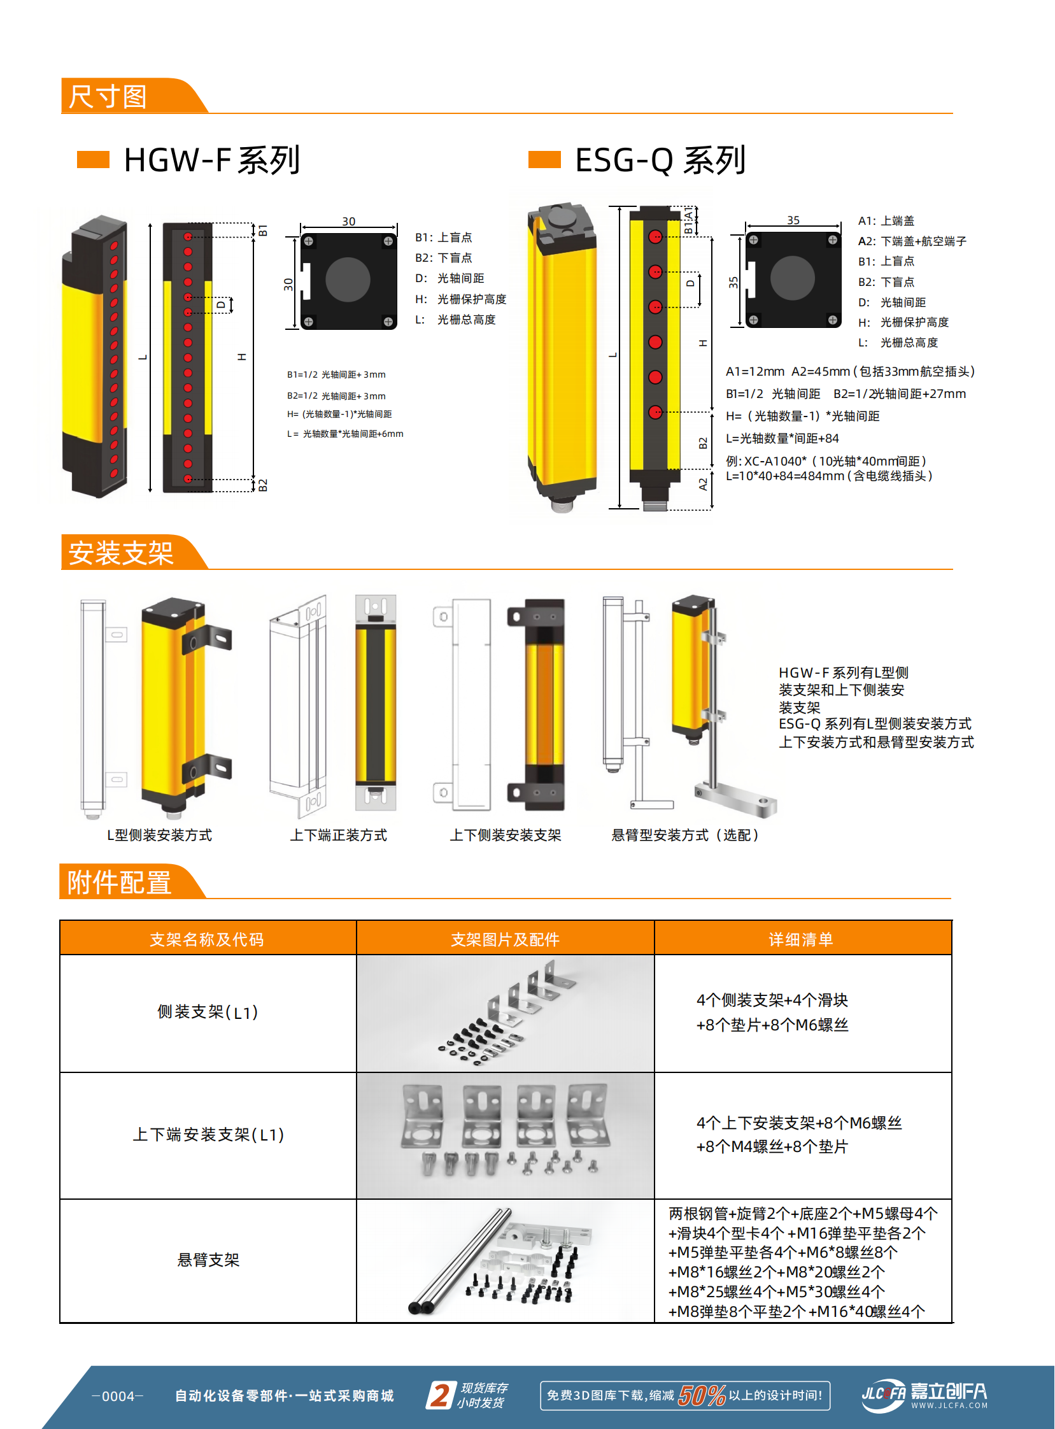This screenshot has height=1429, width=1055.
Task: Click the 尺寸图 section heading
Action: [109, 97]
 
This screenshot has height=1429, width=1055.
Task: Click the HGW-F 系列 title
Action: [211, 160]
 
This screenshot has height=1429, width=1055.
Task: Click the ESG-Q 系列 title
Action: [660, 160]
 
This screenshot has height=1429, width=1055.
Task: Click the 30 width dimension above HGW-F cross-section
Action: [349, 221]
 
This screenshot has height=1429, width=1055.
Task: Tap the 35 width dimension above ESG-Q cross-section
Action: [793, 220]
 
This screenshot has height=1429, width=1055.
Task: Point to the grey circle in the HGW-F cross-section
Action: [348, 280]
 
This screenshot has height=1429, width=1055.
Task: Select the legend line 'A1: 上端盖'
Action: [886, 221]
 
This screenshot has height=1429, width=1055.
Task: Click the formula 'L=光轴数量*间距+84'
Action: [782, 438]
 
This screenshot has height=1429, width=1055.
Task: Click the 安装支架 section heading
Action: [122, 553]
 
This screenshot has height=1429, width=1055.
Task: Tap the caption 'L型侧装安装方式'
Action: [159, 835]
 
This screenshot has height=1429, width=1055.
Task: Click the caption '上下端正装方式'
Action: [339, 835]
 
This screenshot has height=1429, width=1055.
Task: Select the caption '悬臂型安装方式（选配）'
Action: [685, 835]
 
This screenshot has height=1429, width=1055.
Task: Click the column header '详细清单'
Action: [801, 939]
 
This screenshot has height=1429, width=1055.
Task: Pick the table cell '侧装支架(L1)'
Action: [208, 1013]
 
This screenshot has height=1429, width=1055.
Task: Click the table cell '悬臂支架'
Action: [208, 1260]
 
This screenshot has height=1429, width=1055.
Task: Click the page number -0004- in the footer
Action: [118, 1396]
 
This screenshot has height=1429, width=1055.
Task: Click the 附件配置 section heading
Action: [120, 883]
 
